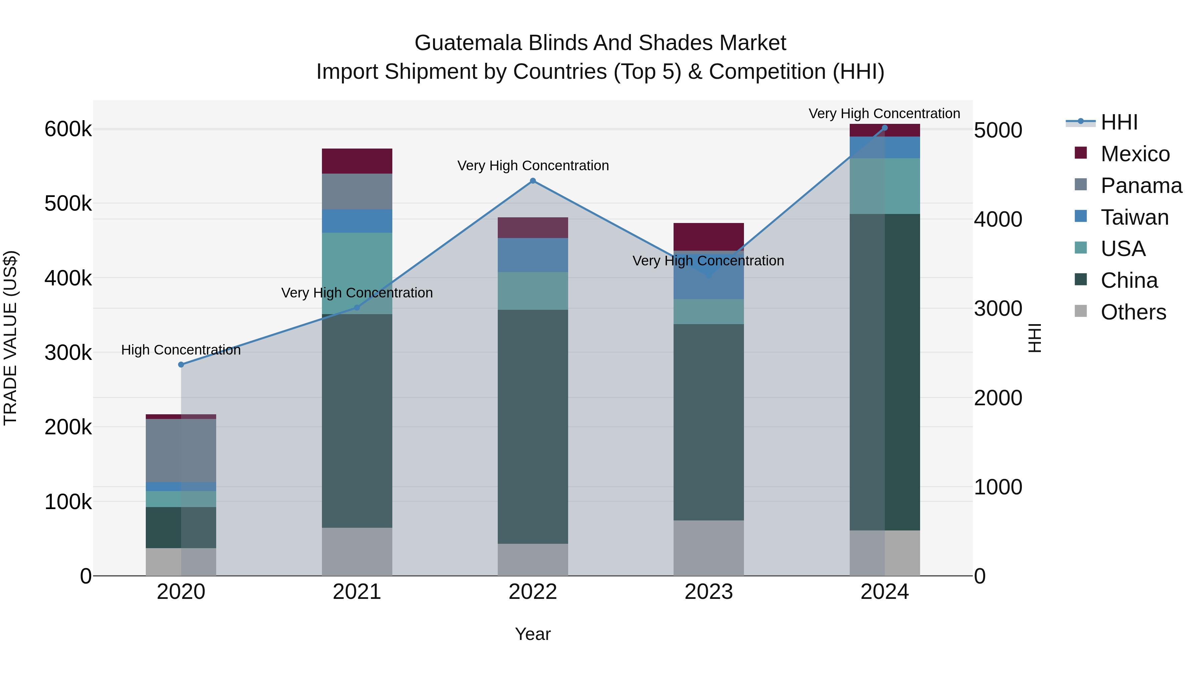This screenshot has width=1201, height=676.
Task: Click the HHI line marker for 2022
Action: pos(533,181)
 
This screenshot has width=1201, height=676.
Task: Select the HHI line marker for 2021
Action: pos(357,308)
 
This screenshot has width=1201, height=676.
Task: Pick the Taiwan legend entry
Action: pos(1134,217)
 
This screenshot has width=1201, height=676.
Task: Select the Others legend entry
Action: pos(1133,312)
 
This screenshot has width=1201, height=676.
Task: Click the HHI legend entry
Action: pos(1119,122)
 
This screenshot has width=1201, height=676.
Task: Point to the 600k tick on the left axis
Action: pos(68,129)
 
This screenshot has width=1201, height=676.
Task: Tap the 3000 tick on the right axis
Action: pos(998,309)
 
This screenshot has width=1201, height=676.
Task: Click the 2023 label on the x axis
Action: pos(709,592)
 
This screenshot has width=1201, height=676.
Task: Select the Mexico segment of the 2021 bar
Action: pos(357,161)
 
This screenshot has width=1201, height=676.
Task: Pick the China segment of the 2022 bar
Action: pos(533,427)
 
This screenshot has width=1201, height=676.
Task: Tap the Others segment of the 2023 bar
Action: pos(709,548)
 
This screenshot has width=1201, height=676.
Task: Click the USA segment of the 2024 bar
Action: pos(884,186)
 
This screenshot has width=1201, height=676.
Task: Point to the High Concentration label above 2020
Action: pos(181,350)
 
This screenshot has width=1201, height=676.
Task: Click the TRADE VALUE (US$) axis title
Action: pos(10,338)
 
